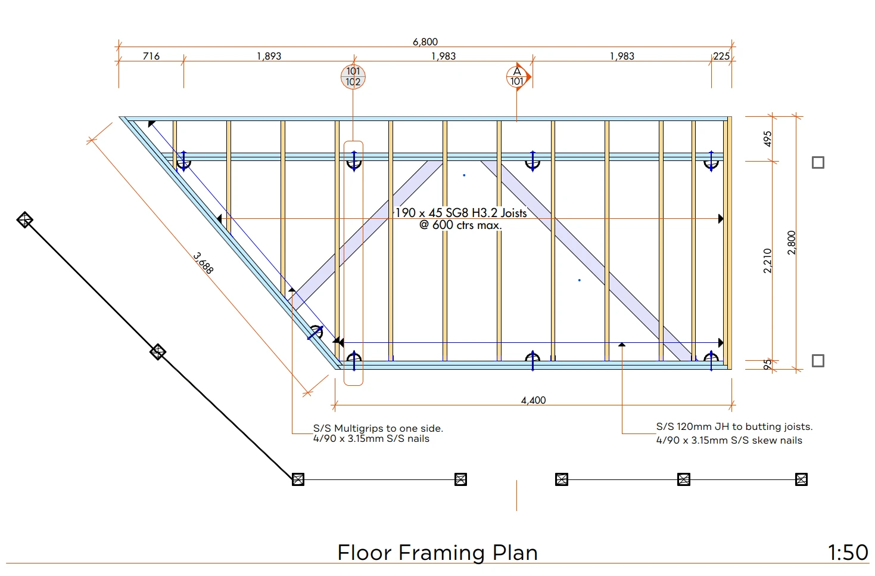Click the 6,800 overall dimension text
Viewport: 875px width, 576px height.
click(425, 42)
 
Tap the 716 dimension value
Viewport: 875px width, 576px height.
click(151, 56)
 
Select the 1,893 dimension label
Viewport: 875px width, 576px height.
click(269, 56)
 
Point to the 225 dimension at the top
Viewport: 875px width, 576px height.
click(721, 56)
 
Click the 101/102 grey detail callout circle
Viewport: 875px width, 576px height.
click(353, 77)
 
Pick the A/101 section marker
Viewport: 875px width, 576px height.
click(518, 77)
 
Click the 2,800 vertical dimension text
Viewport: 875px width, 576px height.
click(791, 243)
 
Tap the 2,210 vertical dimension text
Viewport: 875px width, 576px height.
click(767, 261)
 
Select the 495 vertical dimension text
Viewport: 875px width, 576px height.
click(767, 139)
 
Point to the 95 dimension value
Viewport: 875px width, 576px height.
click(767, 364)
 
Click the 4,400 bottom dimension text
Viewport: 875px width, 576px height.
click(533, 400)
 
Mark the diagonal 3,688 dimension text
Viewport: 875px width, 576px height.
click(203, 263)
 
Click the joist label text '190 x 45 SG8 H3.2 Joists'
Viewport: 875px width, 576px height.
click(461, 212)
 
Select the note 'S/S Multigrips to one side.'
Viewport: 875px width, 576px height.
click(378, 428)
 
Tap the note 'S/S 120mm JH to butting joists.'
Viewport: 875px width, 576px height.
click(734, 426)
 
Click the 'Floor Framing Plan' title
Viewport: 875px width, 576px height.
click(437, 553)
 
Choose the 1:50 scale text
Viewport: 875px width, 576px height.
click(848, 553)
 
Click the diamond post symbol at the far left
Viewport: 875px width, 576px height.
click(24, 220)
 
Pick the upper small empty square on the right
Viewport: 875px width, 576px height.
click(818, 162)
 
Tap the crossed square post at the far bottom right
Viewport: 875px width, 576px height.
click(801, 479)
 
